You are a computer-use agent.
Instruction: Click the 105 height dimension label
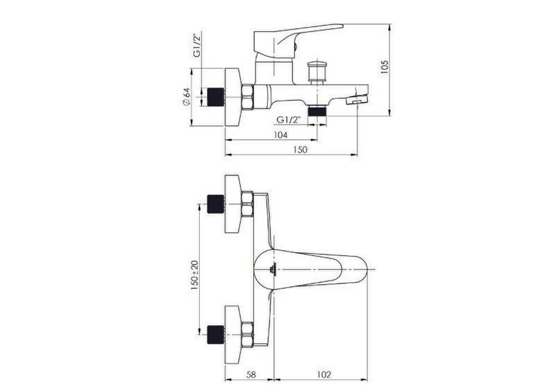tap(385, 67)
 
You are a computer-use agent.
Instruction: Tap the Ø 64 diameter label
tap(186, 97)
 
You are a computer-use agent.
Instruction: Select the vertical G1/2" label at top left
tap(197, 46)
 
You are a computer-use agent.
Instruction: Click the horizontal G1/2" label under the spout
tap(288, 120)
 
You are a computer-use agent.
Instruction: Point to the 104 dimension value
tap(281, 134)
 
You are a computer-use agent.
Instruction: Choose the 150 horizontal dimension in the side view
tap(300, 149)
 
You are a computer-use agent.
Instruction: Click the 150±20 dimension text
tap(195, 275)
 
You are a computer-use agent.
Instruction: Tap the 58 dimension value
tap(251, 374)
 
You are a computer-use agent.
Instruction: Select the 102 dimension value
tap(324, 374)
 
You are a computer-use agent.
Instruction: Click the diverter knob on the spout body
tap(316, 72)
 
